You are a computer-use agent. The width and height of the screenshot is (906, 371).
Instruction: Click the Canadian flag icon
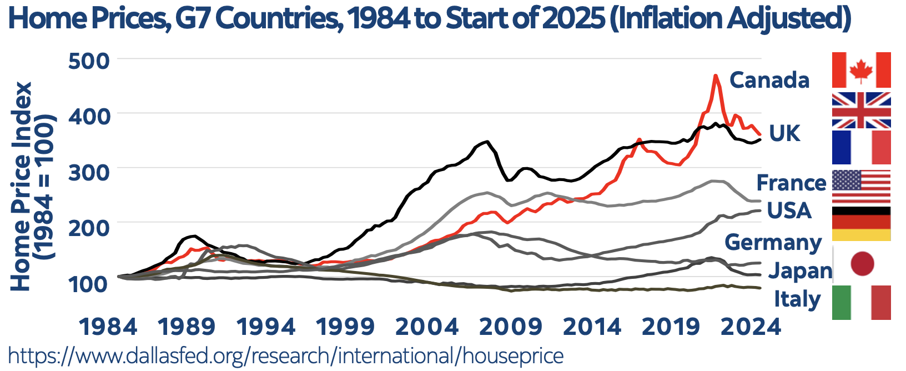click(x=861, y=70)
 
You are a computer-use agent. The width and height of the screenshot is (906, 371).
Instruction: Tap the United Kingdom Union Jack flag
click(x=861, y=110)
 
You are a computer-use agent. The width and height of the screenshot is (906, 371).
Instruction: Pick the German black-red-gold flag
click(x=861, y=223)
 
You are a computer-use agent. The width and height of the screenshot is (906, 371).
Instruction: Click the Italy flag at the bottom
click(x=861, y=303)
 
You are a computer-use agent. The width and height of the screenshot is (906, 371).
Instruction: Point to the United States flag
click(x=861, y=187)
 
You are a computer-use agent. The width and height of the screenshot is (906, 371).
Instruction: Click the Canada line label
click(x=769, y=80)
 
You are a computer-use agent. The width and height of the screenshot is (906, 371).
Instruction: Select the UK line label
click(x=784, y=133)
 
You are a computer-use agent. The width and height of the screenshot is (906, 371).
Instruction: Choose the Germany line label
click(x=773, y=242)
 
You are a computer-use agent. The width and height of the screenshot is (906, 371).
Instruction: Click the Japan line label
click(x=800, y=270)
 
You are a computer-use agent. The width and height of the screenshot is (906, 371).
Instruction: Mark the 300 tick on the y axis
click(x=89, y=171)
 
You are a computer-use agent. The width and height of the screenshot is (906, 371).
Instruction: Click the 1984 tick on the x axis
click(x=108, y=327)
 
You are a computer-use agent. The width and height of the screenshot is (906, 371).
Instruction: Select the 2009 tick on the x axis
click(x=511, y=327)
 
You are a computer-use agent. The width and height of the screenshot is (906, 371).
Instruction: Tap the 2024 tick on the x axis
click(x=751, y=327)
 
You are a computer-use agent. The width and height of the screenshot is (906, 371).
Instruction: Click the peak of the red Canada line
click(x=716, y=76)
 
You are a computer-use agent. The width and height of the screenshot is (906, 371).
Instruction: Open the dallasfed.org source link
click(x=286, y=355)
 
